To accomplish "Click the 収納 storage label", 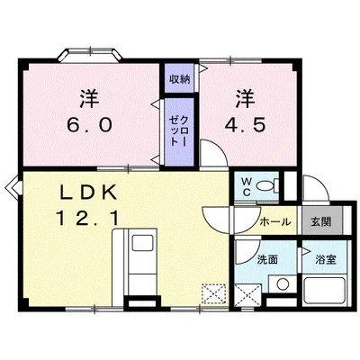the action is (179, 79).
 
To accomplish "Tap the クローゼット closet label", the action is (179, 131).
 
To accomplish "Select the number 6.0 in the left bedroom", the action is (89, 125).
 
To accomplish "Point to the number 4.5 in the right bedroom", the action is (246, 125).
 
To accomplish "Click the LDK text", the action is (88, 193).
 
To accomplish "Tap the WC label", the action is (247, 187).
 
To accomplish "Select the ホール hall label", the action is (275, 222).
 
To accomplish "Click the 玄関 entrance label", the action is (321, 221).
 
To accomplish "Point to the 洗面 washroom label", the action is (267, 259).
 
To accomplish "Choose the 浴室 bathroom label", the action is (326, 259).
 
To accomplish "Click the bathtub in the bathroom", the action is (325, 291).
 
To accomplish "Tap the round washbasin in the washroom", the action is (283, 283).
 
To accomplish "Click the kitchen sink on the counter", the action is (143, 243).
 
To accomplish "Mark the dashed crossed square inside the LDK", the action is (213, 293).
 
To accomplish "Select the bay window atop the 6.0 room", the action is (90, 54).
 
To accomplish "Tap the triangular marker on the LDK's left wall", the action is (13, 187).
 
